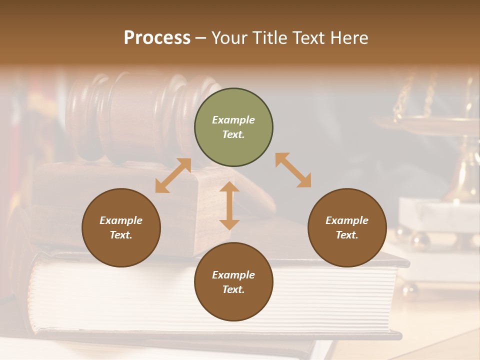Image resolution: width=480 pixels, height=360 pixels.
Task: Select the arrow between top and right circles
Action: pyautogui.click(x=293, y=170)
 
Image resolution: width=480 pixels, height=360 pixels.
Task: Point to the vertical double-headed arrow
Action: pyautogui.click(x=229, y=205)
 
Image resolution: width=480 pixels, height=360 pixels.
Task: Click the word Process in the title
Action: pyautogui.click(x=157, y=38)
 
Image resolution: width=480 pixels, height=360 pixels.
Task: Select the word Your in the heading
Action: pyautogui.click(x=230, y=38)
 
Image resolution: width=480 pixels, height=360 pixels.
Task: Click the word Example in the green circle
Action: pyautogui.click(x=233, y=120)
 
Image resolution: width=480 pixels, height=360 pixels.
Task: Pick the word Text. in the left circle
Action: pyautogui.click(x=121, y=235)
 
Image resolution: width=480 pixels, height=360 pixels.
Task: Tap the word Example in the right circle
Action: pyautogui.click(x=347, y=220)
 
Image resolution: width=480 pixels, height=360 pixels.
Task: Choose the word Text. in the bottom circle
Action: pyautogui.click(x=233, y=289)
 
